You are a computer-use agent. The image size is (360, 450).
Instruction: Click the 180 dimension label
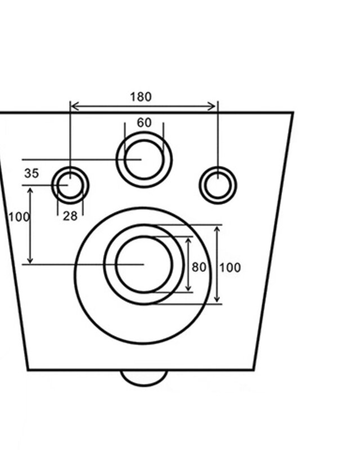click(x=141, y=97)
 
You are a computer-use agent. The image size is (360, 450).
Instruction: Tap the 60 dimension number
click(x=144, y=123)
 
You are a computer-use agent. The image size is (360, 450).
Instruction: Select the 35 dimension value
click(x=31, y=173)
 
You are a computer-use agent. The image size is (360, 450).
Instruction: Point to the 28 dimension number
click(x=70, y=216)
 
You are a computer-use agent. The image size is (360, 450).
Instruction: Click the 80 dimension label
click(x=199, y=267)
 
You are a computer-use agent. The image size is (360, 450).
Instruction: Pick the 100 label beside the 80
click(x=230, y=268)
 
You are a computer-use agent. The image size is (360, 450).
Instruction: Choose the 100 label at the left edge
click(x=19, y=217)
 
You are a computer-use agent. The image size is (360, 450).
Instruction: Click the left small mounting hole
click(x=52, y=185)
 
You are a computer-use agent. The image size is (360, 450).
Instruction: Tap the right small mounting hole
click(x=200, y=185)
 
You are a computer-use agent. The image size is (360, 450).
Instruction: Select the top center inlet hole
click(x=116, y=160)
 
